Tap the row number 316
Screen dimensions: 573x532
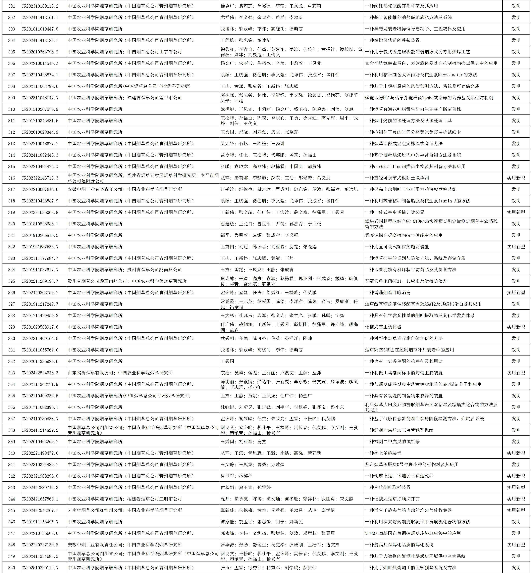point(11,178)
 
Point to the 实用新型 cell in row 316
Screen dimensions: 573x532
point(516,178)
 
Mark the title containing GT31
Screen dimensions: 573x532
point(406,281)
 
